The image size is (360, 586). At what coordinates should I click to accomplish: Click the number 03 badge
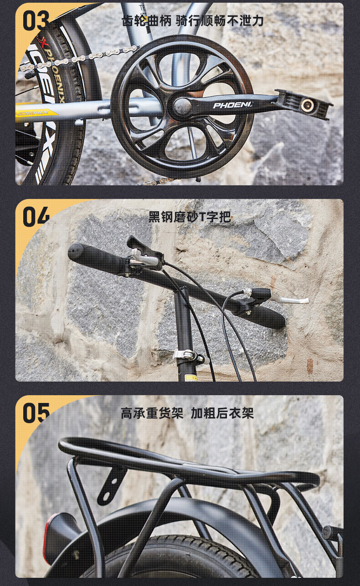click(x=36, y=20)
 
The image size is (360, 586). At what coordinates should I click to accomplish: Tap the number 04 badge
click(x=36, y=216)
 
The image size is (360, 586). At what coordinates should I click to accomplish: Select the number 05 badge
click(x=36, y=413)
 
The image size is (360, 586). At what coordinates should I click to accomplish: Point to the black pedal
click(x=305, y=104)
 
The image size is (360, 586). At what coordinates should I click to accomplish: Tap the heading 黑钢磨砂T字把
click(x=190, y=217)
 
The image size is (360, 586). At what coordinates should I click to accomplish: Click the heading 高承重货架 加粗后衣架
click(x=187, y=413)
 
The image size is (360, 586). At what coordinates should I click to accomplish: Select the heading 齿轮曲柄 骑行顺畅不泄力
click(x=192, y=21)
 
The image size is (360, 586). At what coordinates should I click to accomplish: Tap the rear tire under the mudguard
click(x=168, y=560)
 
